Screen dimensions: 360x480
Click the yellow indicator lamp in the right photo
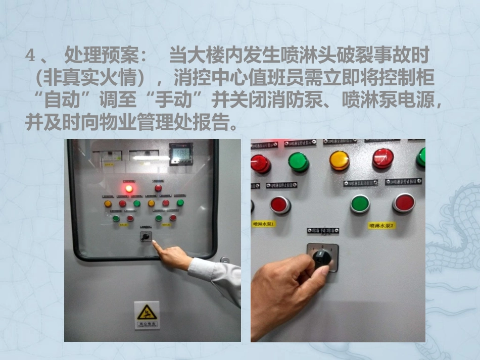[339, 161]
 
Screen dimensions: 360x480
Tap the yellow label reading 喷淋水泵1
[264, 223]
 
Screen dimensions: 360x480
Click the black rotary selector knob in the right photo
[322, 258]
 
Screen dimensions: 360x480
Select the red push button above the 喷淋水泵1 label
[279, 204]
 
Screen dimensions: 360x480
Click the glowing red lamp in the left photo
[129, 188]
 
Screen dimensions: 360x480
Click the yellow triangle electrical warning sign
[147, 312]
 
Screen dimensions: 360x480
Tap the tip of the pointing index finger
[154, 243]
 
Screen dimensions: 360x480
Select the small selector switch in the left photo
[146, 236]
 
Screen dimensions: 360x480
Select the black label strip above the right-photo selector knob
[323, 231]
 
